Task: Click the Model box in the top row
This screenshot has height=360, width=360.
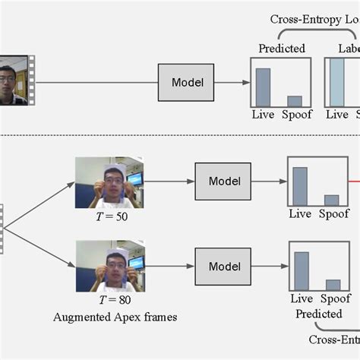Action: click(x=187, y=82)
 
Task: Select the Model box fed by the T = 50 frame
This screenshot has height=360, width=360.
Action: click(x=223, y=182)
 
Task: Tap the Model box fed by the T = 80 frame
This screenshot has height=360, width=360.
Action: click(x=223, y=266)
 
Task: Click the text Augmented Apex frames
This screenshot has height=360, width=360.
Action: click(x=116, y=317)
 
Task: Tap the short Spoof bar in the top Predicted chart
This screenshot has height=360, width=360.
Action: click(x=295, y=100)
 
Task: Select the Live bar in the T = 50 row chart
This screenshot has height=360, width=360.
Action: click(x=300, y=187)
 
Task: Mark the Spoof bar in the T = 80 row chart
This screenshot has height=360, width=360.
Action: click(x=333, y=286)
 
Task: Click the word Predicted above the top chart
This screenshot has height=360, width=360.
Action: click(x=282, y=49)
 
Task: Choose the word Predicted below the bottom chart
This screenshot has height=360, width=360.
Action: click(x=318, y=313)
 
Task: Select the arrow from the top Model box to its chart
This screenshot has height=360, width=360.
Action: click(x=232, y=82)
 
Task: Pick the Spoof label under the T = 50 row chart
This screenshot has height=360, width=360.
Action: click(x=333, y=214)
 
